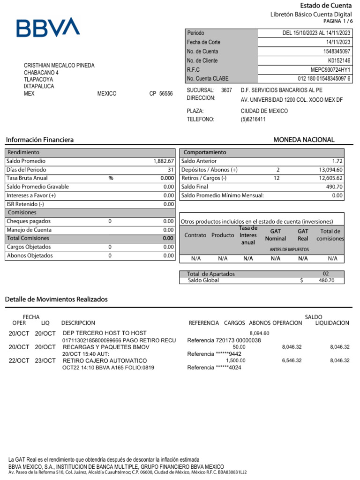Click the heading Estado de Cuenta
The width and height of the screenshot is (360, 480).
(325, 6)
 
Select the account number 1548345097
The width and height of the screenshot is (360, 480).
(336, 51)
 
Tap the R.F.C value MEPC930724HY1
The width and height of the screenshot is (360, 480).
(330, 69)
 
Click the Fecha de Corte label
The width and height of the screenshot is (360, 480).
(203, 42)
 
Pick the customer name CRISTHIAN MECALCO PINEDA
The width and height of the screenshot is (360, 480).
(59, 66)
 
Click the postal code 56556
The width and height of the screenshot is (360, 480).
(166, 94)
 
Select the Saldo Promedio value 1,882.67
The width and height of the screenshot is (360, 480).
(164, 161)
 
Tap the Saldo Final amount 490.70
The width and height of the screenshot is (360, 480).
(334, 187)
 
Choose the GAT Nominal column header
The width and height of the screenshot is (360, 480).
(275, 235)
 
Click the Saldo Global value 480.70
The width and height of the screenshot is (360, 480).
(326, 280)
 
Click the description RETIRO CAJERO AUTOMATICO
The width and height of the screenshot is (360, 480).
(105, 360)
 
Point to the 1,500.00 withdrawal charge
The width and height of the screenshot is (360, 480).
(235, 360)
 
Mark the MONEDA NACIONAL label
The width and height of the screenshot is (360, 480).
(304, 140)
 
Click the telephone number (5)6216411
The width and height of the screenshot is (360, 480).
(253, 119)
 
